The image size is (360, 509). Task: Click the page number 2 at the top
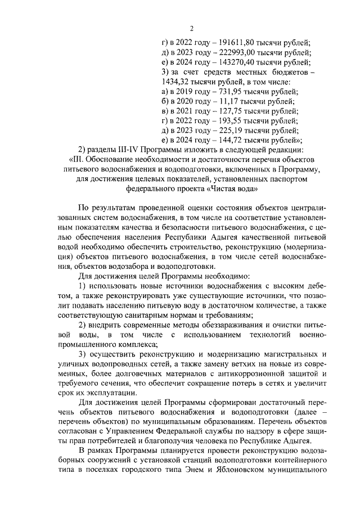click(x=191, y=29)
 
